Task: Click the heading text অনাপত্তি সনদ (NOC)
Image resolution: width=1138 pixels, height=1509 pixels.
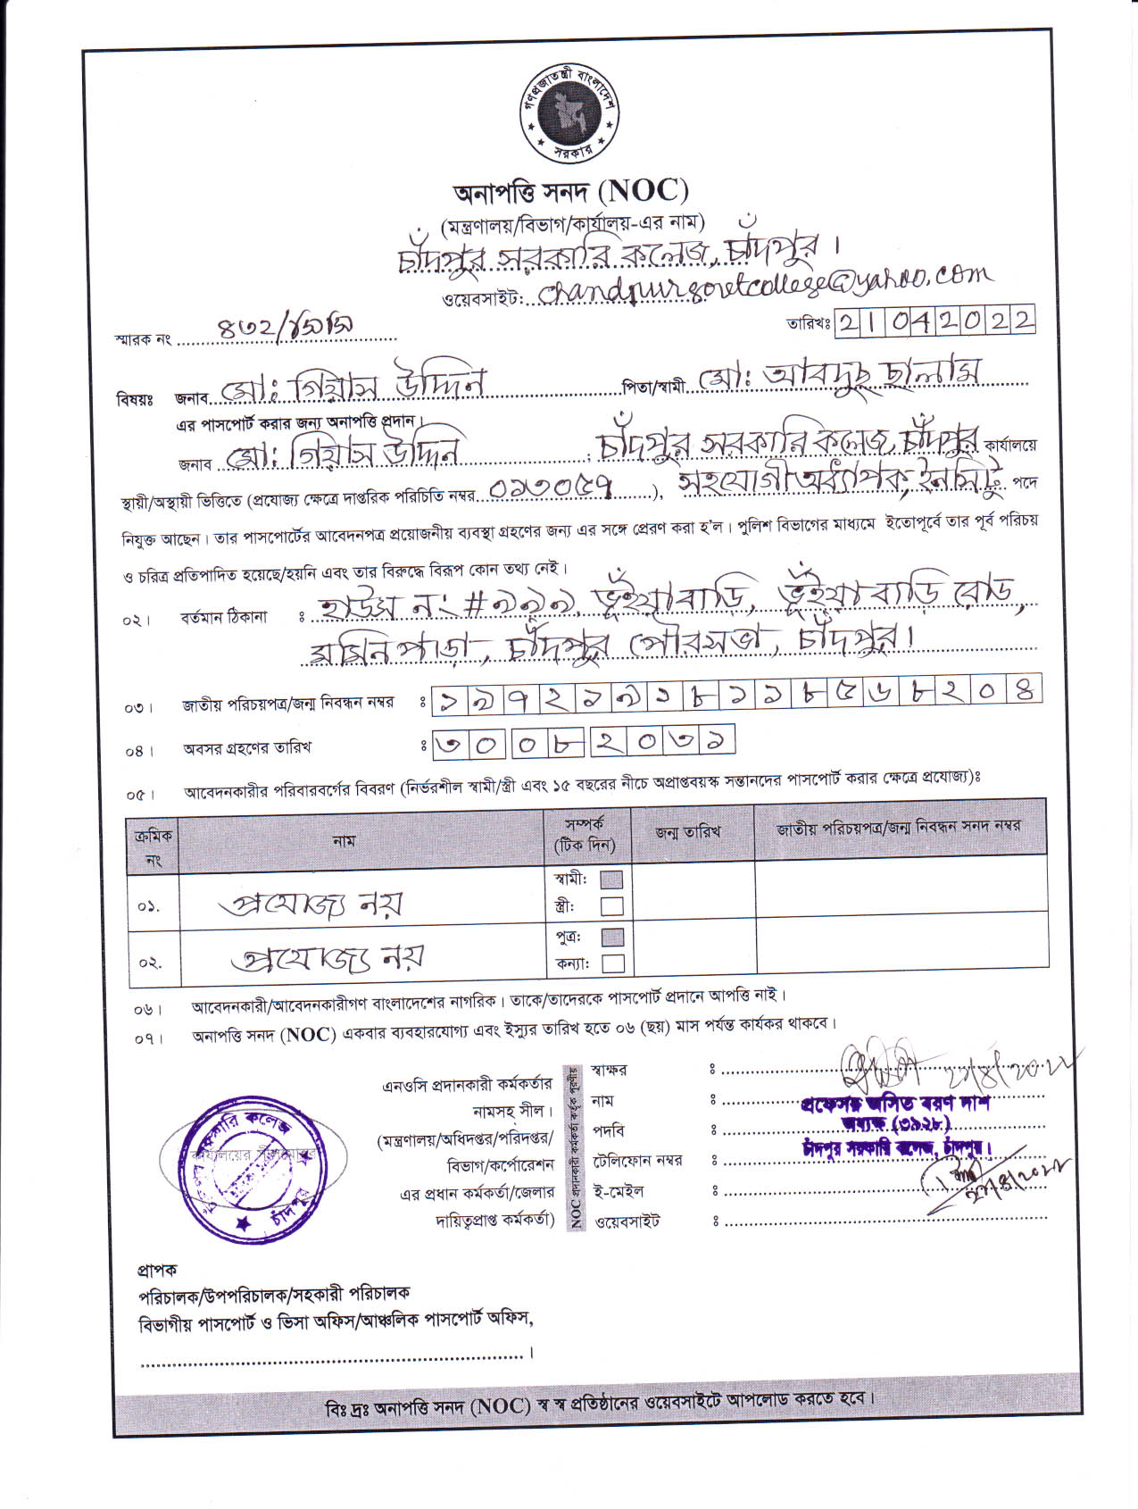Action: pos(571,191)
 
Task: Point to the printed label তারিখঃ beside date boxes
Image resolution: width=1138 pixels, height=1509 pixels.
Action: pos(809,323)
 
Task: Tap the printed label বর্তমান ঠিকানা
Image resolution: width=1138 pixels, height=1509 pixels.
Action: pos(224,617)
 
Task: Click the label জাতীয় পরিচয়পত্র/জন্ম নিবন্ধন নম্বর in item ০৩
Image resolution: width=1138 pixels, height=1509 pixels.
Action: pos(287,704)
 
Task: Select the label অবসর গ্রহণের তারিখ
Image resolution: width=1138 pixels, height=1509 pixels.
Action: pos(247,748)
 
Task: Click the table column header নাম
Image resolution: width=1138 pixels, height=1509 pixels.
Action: pos(344,840)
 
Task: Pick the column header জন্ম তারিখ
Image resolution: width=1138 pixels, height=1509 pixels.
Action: pos(688,832)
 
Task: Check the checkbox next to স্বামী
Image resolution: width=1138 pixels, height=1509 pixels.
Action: pos(611,880)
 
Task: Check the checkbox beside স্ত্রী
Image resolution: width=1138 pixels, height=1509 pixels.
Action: pos(611,906)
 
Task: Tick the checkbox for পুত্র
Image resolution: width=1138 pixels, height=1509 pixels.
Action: pos(612,937)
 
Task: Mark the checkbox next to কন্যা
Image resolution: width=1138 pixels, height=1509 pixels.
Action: pos(612,963)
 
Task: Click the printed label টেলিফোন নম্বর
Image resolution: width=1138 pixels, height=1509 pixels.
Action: pos(637,1161)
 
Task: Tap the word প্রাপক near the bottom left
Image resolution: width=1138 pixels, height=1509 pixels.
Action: pos(157,1270)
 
